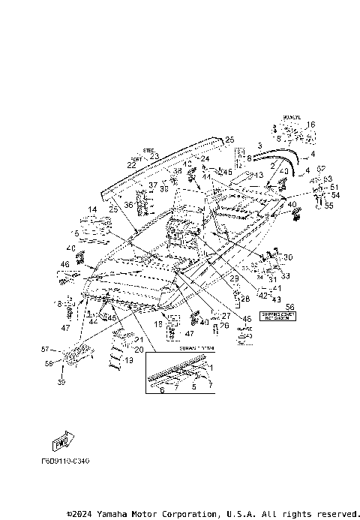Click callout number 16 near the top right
(x=311, y=125)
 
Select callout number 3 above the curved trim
(x=259, y=143)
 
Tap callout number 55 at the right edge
(x=328, y=206)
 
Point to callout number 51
(x=334, y=188)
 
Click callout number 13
(x=259, y=175)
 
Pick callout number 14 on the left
(x=92, y=209)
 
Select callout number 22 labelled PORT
(x=131, y=164)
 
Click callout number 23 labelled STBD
(x=154, y=156)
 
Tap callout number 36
(x=128, y=204)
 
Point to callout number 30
(x=289, y=257)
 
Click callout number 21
(x=139, y=341)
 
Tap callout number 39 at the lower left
(x=61, y=382)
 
